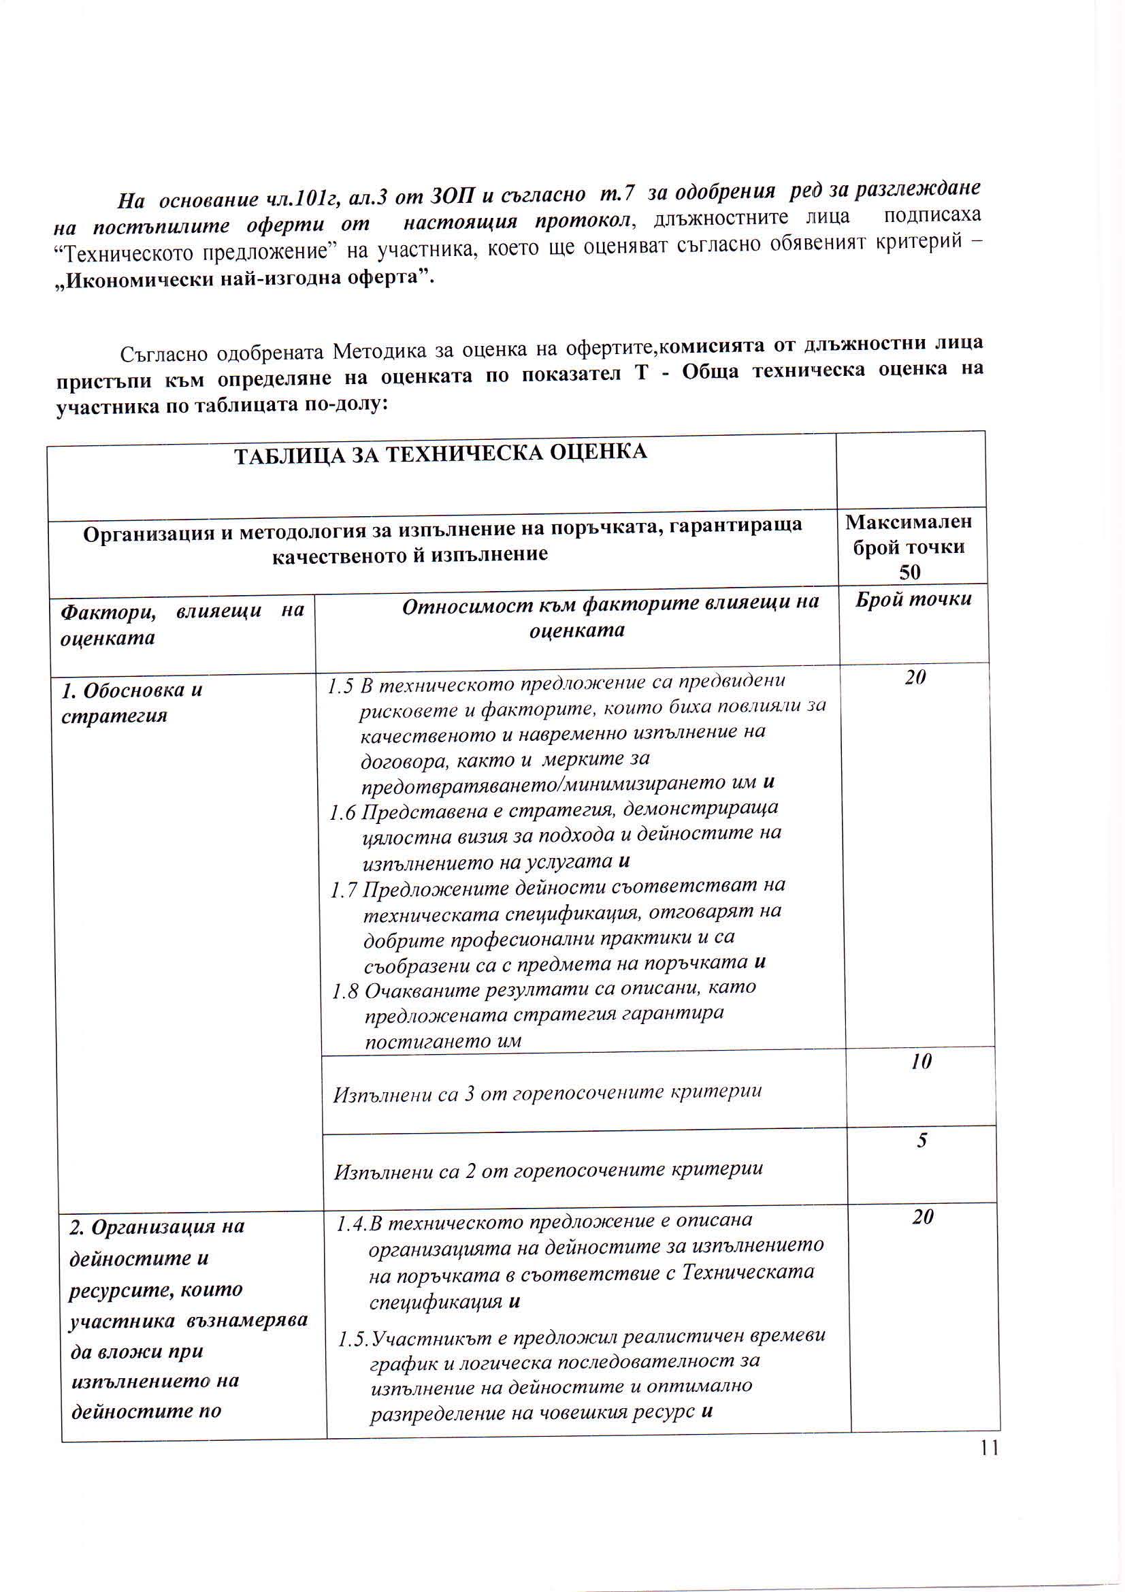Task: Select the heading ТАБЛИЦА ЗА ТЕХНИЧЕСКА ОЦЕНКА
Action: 440,453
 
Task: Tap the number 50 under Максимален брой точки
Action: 909,572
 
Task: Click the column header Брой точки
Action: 913,600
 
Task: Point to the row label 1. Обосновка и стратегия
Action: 132,703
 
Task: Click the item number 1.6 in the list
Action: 343,812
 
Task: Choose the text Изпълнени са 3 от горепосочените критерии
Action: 548,1094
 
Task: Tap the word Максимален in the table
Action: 909,522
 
